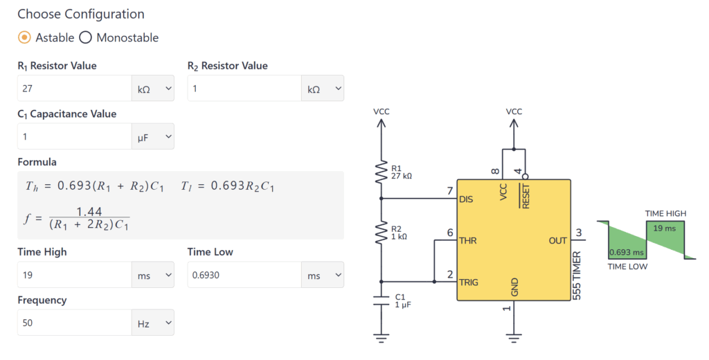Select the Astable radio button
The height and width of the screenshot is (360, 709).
point(24,37)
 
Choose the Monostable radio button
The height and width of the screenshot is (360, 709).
point(86,37)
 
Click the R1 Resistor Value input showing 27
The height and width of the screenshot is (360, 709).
point(73,89)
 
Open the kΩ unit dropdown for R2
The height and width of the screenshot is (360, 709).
point(322,89)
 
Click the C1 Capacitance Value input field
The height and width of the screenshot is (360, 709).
point(73,137)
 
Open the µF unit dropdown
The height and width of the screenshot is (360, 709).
point(152,137)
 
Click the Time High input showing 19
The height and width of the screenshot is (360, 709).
point(73,275)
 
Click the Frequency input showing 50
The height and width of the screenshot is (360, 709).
point(73,323)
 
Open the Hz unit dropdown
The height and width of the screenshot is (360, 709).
point(152,323)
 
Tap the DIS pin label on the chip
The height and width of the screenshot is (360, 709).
point(467,199)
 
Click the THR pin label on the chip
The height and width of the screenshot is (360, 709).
point(468,241)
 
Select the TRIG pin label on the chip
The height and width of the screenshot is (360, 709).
point(469,282)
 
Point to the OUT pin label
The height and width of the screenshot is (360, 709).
point(557,241)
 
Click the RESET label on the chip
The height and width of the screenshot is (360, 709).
point(526,195)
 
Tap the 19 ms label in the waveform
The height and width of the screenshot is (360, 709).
point(665,228)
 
